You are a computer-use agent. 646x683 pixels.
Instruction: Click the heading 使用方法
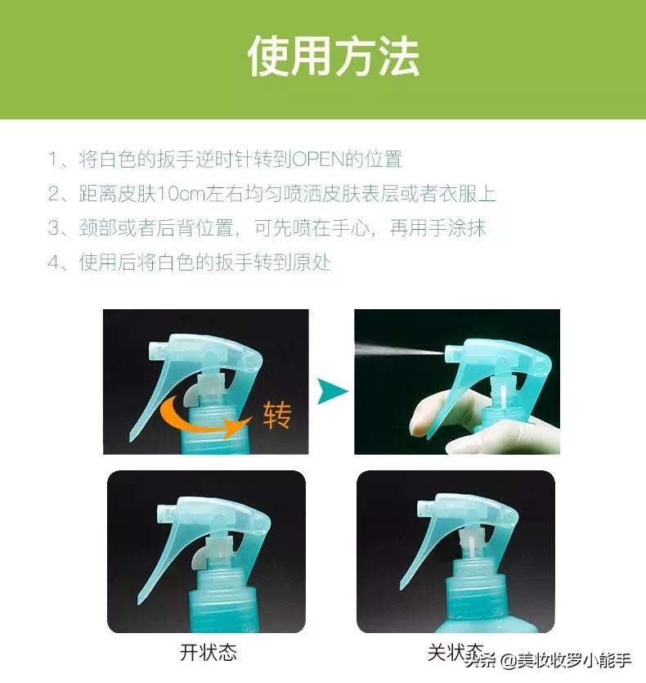click(333, 57)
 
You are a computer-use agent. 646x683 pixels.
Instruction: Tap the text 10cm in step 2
click(177, 194)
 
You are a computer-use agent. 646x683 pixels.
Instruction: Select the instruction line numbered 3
click(267, 228)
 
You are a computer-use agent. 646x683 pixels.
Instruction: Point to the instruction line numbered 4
click(189, 263)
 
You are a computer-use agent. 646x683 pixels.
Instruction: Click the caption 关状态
click(455, 653)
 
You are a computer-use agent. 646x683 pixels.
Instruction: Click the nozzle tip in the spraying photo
click(451, 353)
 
